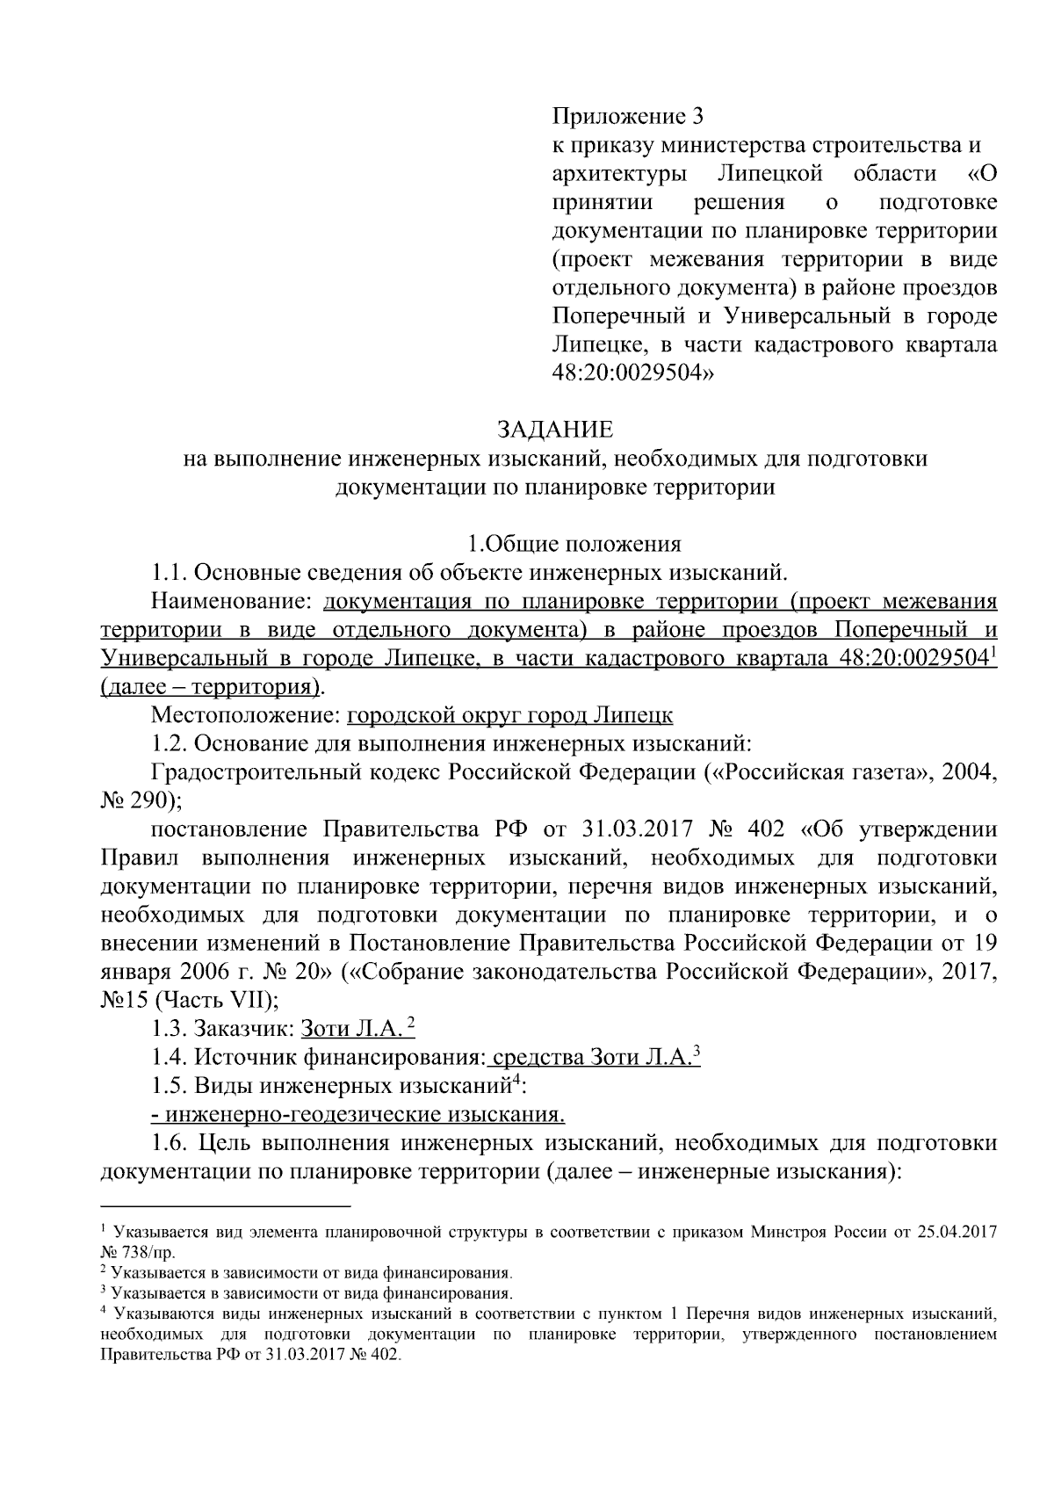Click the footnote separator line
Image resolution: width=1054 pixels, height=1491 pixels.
tap(226, 1206)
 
